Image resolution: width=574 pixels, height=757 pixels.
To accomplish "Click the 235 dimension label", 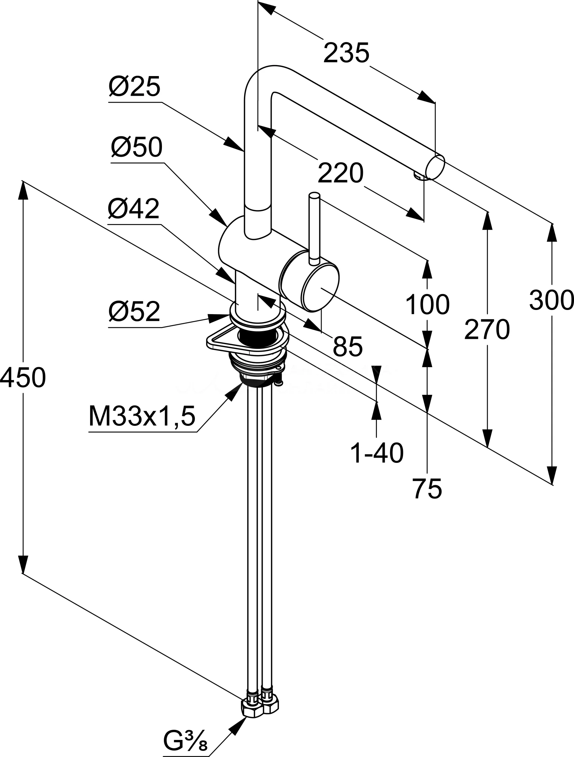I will click(346, 53).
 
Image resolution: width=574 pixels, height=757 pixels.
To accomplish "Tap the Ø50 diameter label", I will click(137, 148).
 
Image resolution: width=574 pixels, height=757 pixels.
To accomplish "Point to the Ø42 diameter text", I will click(134, 209).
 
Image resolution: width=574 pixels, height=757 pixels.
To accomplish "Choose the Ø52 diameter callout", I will click(134, 312).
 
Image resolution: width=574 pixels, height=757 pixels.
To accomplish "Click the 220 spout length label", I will click(340, 174).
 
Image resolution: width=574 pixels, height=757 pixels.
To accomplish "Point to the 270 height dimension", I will click(487, 329).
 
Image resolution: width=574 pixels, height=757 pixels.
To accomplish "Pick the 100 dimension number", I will click(427, 304).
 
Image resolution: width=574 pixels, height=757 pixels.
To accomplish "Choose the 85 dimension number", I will click(348, 346).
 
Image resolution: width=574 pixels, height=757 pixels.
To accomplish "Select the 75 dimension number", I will click(427, 489).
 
